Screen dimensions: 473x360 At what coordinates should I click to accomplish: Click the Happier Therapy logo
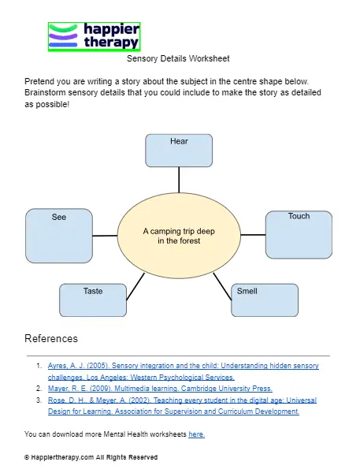pyautogui.click(x=94, y=36)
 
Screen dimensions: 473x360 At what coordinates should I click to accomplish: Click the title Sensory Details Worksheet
pyautogui.click(x=178, y=58)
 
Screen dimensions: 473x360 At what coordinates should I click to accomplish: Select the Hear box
pyautogui.click(x=179, y=151)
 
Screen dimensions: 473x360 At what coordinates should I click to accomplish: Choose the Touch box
pyautogui.click(x=299, y=234)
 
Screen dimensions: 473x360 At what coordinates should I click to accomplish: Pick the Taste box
pyautogui.click(x=93, y=300)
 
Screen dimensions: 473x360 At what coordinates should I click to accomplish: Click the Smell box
pyautogui.click(x=265, y=300)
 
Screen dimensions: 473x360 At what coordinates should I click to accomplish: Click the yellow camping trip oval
pyautogui.click(x=179, y=236)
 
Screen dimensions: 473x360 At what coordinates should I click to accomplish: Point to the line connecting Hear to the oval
pyautogui.click(x=179, y=181)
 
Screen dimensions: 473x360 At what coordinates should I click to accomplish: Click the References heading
pyautogui.click(x=51, y=339)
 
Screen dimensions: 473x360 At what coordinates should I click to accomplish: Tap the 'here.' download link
pyautogui.click(x=196, y=434)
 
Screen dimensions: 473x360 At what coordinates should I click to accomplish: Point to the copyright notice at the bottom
pyautogui.click(x=91, y=457)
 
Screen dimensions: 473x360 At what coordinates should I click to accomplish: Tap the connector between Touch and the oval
pyautogui.click(x=253, y=235)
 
